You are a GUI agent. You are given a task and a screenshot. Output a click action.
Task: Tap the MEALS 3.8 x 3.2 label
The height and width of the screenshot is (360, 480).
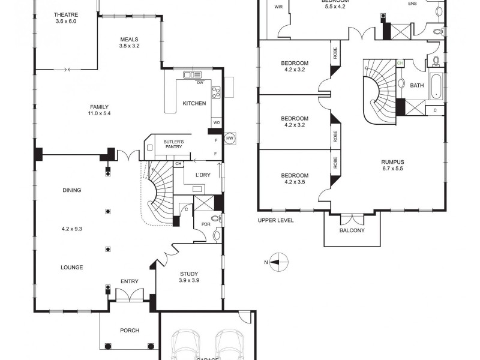coord(129,43)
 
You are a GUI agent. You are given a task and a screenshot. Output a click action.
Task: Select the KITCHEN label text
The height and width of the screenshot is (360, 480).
coord(194,103)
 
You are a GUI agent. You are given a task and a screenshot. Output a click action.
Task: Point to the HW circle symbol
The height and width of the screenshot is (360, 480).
coord(229,139)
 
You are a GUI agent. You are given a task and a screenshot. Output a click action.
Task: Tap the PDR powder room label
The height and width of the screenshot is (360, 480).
coord(205,225)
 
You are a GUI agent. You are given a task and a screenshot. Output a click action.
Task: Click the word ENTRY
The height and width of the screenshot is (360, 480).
coord(129,281)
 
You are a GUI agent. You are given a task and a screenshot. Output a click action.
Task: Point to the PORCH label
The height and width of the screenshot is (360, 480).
coord(129,331)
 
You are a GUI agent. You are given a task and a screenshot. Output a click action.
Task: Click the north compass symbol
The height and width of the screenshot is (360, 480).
coord(278,261)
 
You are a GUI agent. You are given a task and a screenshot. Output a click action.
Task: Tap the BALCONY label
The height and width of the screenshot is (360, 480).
coord(352,230)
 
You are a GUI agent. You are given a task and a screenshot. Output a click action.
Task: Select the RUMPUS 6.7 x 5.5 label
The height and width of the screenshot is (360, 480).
coord(392,166)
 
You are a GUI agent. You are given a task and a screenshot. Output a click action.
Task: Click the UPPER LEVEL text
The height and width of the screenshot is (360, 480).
coord(275,220)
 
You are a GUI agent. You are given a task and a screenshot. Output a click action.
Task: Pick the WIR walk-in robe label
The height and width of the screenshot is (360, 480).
coord(278,7)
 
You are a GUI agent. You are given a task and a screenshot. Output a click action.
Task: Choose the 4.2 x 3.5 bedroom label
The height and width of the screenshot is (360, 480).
coord(294,179)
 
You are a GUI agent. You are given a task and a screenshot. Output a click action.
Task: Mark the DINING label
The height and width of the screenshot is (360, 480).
coord(71,190)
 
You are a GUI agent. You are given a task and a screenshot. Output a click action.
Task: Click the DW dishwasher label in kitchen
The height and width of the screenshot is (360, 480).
coord(200,82)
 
